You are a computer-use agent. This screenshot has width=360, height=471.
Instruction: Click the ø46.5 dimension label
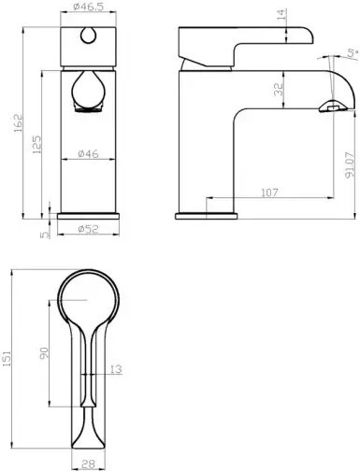[x=88, y=7]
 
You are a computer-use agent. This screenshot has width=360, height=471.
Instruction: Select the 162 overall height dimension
[x=19, y=123]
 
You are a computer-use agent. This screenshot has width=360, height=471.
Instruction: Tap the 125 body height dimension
[x=36, y=145]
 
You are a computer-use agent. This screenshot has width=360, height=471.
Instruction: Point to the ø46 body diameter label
[x=88, y=153]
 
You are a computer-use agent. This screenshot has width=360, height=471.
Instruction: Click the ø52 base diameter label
[x=88, y=229]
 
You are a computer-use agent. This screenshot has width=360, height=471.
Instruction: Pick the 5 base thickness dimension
[x=45, y=235]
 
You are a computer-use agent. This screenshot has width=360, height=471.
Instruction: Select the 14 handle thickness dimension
[x=281, y=15]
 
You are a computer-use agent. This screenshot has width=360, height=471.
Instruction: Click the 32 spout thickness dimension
[x=280, y=89]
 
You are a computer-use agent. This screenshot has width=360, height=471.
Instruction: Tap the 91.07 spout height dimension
[x=350, y=164]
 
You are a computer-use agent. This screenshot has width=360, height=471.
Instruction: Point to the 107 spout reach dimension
[x=269, y=193]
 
